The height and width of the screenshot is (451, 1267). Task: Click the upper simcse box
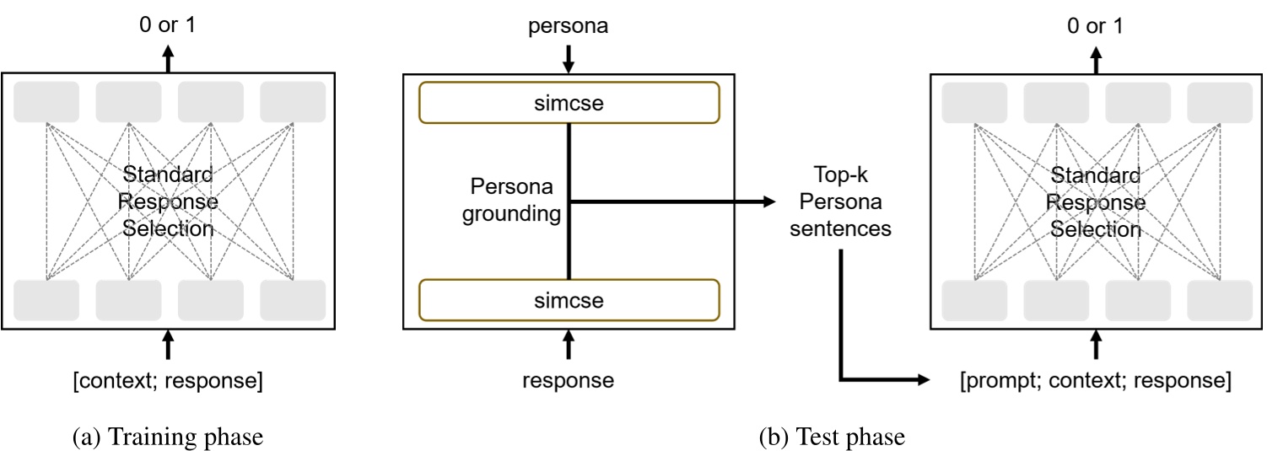click(569, 103)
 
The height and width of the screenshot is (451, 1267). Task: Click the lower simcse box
click(569, 300)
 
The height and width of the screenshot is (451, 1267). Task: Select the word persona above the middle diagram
click(568, 27)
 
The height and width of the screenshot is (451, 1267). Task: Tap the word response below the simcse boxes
click(568, 381)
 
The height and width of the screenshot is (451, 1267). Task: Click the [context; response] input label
click(168, 381)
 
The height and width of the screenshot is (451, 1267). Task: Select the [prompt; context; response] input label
click(1095, 381)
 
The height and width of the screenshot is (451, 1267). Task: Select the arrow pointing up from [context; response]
click(168, 346)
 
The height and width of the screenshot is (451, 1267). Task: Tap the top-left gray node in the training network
click(47, 102)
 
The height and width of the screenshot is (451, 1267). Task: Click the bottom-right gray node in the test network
click(1220, 300)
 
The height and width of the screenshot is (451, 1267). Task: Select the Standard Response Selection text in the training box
click(168, 202)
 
